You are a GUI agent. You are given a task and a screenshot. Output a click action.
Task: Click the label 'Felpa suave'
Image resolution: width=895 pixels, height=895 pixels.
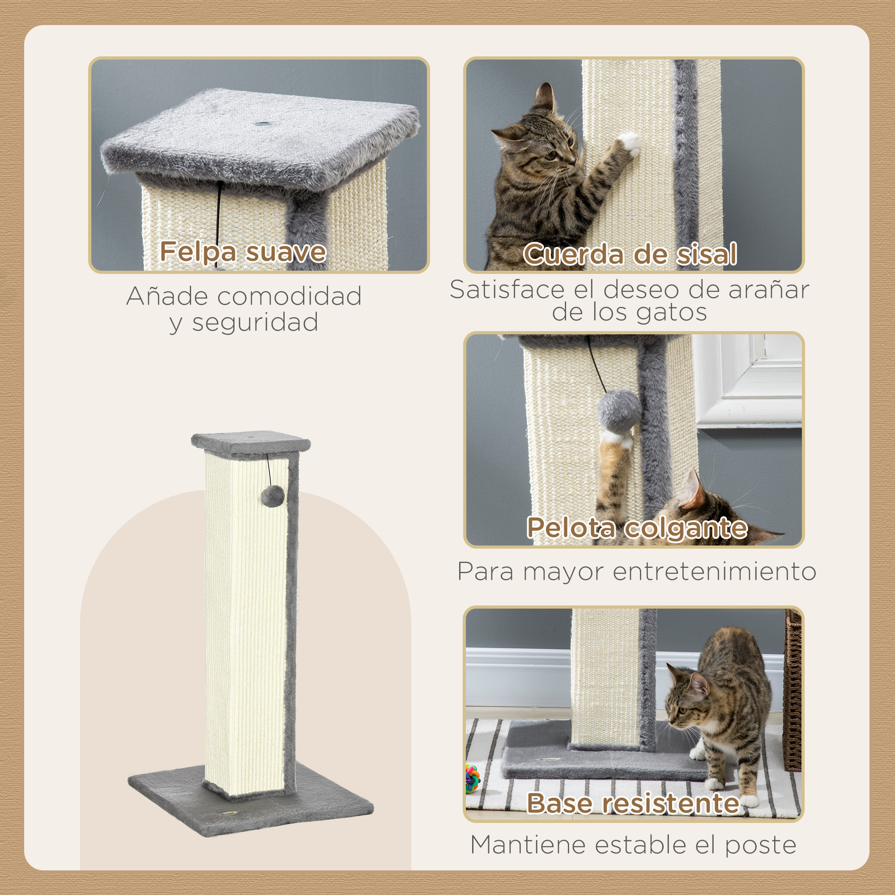pyautogui.click(x=243, y=251)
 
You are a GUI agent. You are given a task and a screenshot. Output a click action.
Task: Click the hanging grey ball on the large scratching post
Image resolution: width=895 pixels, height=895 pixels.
pyautogui.click(x=273, y=496)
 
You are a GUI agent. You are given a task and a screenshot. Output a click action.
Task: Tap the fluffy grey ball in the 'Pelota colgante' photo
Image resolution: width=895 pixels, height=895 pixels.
pyautogui.click(x=619, y=410)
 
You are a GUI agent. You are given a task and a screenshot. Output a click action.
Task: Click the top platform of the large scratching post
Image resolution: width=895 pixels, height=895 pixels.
pyautogui.click(x=251, y=443)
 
